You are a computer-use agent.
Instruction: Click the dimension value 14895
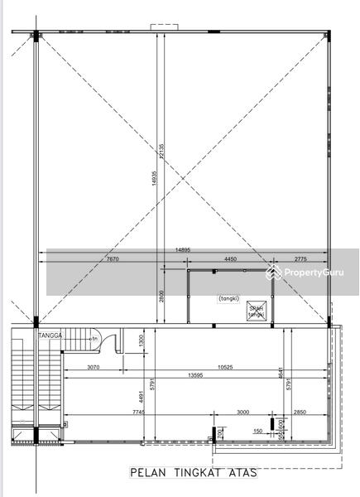point(185,249)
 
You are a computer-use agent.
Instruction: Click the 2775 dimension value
point(299,259)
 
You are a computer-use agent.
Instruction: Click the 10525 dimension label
point(218,367)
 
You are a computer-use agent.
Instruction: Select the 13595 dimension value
point(195,375)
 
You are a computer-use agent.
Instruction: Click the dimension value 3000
point(242,413)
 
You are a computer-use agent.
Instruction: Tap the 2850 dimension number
point(299,413)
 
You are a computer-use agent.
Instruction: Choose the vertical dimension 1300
point(141,340)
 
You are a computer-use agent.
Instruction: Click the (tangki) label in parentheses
point(230,298)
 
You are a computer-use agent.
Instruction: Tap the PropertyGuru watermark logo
point(305,273)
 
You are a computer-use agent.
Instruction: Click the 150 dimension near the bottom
point(257,431)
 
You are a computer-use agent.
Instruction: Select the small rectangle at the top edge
point(159,27)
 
